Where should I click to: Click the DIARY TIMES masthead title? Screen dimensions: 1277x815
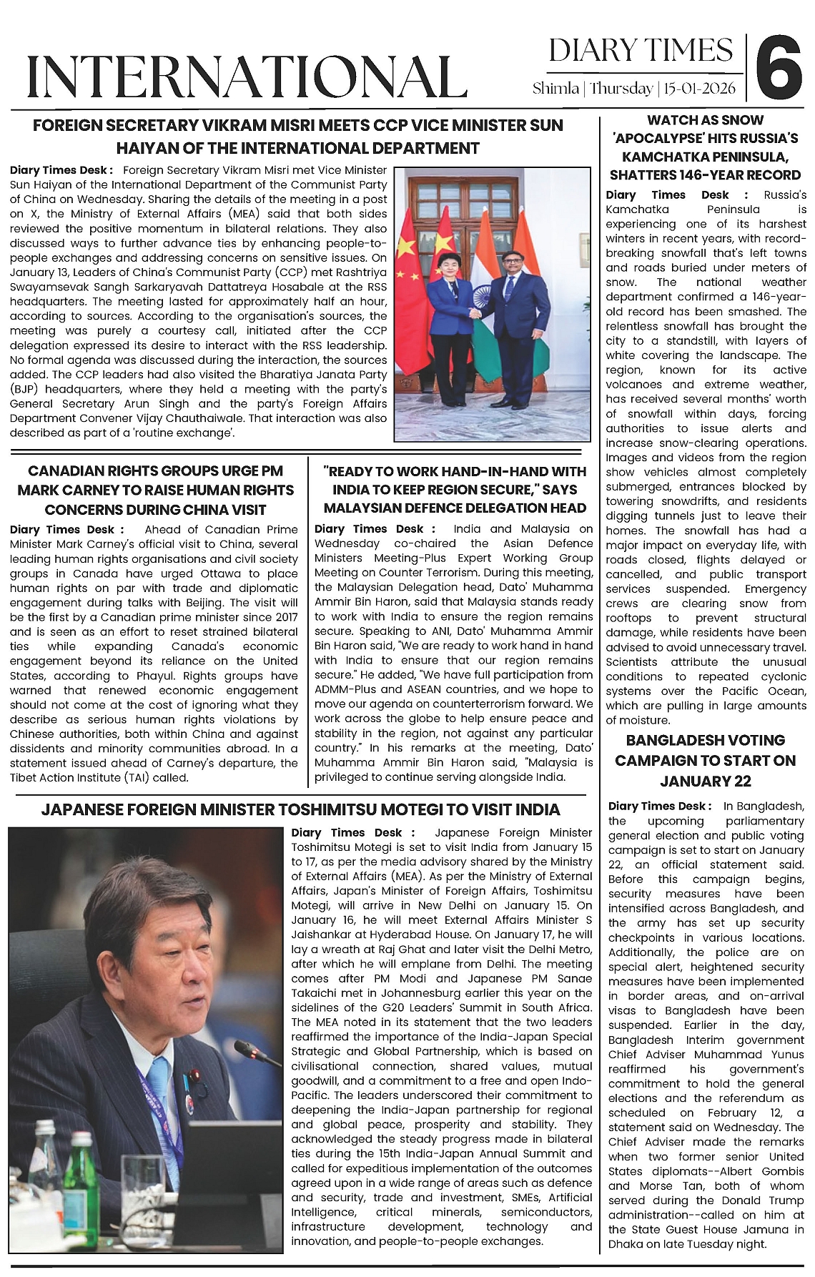[641, 50]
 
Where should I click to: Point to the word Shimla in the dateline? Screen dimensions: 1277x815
[555, 89]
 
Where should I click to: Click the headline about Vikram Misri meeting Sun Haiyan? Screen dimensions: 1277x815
[297, 137]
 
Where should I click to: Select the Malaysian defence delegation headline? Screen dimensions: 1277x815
[455, 490]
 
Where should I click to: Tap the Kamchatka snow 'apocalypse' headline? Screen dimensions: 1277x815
[704, 147]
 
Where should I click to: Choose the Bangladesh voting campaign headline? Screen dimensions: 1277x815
[705, 760]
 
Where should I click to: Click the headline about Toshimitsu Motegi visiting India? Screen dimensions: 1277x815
[300, 809]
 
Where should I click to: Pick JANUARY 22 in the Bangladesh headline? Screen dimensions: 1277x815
[705, 780]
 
